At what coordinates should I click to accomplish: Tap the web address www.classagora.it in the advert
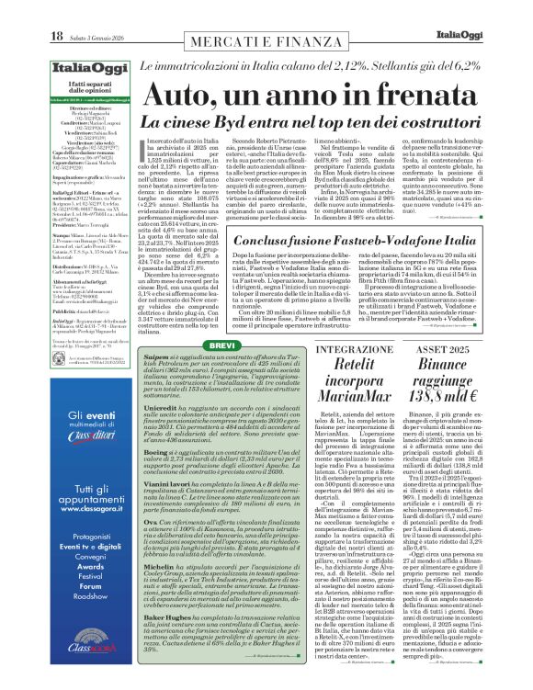[77, 505]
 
